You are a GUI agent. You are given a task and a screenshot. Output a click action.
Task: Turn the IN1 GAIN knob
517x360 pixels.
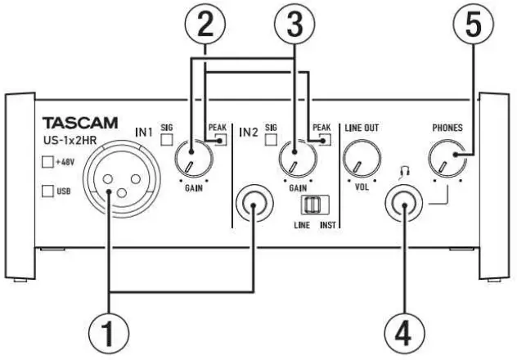point(194,158)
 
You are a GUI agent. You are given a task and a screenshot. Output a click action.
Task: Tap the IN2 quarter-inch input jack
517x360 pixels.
point(254,204)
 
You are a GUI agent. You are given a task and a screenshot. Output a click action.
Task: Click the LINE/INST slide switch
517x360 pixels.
point(308,205)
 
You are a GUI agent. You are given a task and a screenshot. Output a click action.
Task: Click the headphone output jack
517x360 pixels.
point(405,204)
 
